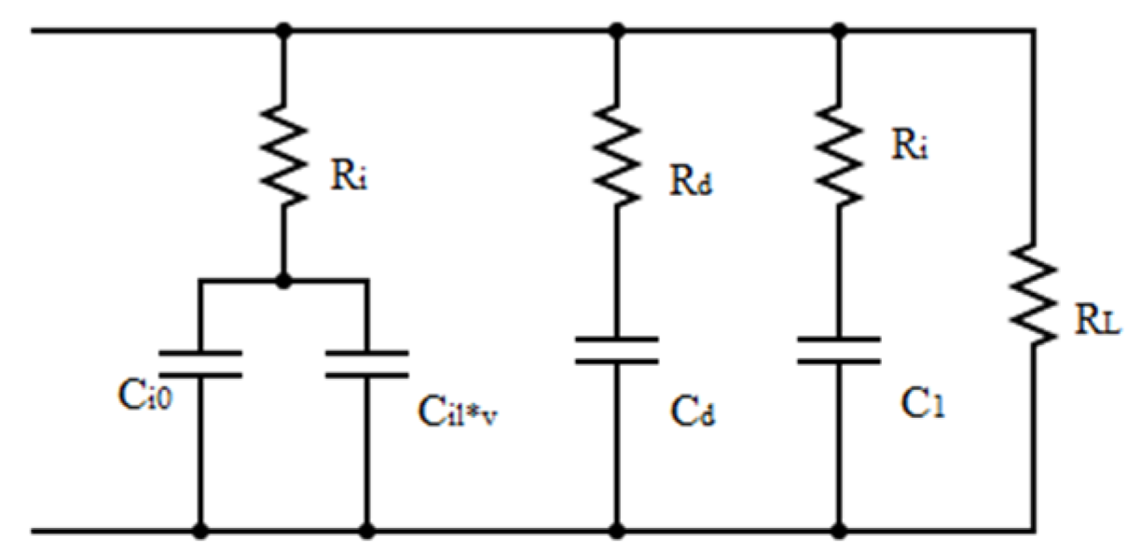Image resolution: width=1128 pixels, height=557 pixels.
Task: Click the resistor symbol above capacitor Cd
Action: [615, 154]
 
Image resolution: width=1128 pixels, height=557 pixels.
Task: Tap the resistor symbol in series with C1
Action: [839, 154]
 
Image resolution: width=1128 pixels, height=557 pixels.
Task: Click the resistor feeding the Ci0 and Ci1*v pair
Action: [284, 154]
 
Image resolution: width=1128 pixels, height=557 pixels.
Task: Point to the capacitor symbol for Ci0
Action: [199, 364]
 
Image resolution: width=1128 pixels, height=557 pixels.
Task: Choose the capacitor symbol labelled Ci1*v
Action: [366, 364]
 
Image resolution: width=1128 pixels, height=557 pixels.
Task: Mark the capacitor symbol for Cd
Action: [615, 352]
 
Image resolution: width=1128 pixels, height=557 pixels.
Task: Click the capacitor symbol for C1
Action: [839, 352]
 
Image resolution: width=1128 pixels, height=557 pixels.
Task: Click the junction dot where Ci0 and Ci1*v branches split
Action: [284, 279]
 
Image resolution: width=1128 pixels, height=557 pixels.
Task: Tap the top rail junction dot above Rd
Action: [615, 32]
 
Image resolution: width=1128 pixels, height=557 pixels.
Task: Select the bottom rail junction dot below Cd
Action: [615, 532]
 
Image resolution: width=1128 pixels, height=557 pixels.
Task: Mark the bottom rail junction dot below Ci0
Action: [199, 532]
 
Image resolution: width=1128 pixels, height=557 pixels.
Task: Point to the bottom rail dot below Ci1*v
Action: [366, 532]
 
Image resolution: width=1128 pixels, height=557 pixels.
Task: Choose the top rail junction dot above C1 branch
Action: [839, 32]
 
